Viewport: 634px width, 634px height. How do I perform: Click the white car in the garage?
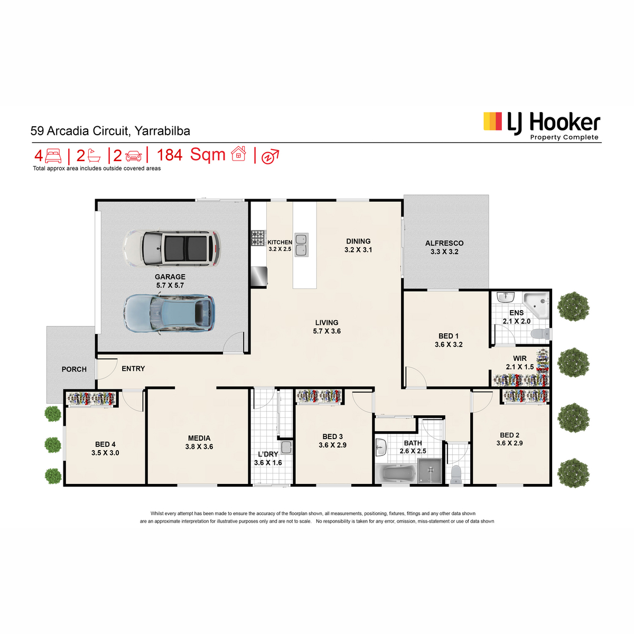171,248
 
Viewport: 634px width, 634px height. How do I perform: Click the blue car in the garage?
170,313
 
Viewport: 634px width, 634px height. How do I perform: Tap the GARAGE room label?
170,277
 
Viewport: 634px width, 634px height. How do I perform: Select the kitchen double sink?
301,245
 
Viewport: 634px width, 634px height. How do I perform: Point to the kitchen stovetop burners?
258,238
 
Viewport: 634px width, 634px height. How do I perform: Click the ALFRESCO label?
444,243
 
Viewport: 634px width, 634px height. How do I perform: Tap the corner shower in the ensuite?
536,305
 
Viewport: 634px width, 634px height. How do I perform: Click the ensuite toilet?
540,333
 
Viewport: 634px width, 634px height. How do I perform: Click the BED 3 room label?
332,436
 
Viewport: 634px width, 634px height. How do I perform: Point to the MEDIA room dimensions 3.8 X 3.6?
199,447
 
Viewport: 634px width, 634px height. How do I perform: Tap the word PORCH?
74,369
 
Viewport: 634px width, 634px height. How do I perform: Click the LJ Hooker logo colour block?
492,121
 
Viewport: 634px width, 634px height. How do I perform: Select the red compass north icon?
270,156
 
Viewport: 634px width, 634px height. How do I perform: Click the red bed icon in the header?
53,155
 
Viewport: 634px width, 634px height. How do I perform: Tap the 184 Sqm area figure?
191,155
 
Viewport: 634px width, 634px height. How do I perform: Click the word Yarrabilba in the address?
162,131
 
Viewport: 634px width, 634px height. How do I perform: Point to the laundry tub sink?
286,447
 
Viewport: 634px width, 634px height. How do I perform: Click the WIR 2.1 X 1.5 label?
519,362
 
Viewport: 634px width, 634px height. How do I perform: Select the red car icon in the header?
133,156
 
